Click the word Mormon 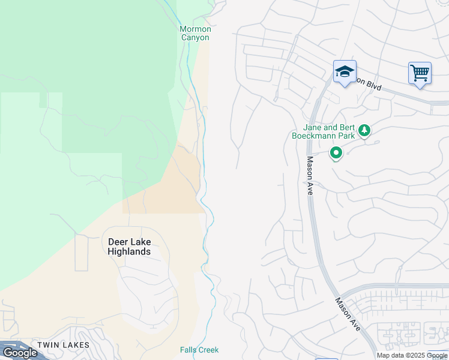(195, 29)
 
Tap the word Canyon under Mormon (195, 37)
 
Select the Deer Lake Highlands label (129, 247)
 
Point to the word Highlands (129, 251)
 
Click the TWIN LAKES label (63, 345)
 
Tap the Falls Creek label (199, 350)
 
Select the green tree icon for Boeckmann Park (364, 130)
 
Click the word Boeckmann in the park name (315, 136)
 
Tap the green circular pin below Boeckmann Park (337, 154)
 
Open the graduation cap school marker (345, 72)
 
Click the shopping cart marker (420, 74)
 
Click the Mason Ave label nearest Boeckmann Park (311, 175)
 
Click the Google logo (20, 352)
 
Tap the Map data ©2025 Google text (412, 355)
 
